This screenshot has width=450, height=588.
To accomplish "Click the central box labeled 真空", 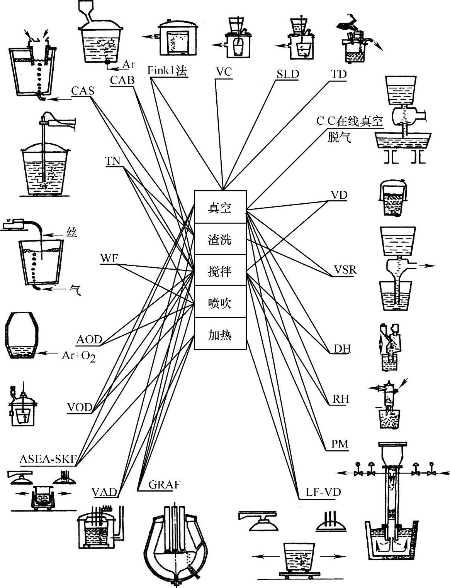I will (220, 207).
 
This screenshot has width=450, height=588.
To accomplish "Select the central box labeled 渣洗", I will (220, 239).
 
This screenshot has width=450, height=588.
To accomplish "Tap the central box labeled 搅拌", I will (220, 271).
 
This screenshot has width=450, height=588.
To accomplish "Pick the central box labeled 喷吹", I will (220, 302).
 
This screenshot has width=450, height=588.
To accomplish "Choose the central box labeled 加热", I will (220, 334).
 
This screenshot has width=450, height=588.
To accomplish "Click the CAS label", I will (82, 91).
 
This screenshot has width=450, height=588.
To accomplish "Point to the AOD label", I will (89, 340).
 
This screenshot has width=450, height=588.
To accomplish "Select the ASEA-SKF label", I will (48, 459).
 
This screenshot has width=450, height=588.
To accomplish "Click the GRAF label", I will (165, 485).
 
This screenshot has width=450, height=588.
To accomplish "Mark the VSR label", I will (345, 269).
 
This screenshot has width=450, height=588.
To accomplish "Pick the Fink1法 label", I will (167, 71).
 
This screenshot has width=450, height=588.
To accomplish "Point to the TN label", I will (113, 161).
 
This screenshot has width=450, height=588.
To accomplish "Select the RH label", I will (341, 399).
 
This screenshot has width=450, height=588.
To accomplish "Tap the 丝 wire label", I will (72, 232).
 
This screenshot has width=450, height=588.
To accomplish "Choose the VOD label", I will (80, 407).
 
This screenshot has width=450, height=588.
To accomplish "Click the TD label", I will (339, 74).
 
